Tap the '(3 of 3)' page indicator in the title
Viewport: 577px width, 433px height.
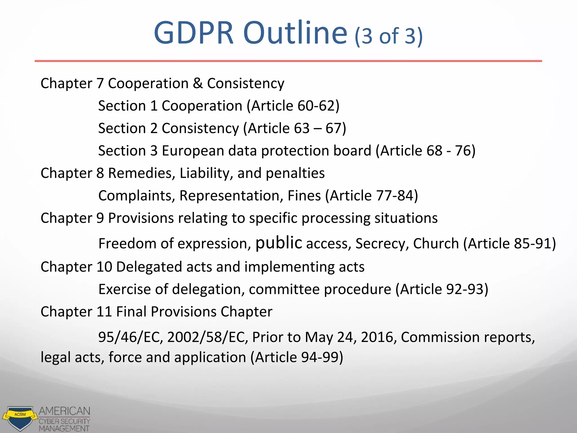389,36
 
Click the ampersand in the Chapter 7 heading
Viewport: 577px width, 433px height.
198,83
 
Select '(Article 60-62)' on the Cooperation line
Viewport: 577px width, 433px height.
293,106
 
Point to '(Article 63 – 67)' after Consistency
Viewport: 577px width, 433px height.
294,129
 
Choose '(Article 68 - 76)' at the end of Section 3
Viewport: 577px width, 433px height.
425,151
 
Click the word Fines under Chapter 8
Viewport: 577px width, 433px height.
304,196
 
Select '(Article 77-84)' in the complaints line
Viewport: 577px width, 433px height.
371,196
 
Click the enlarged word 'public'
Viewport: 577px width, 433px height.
279,243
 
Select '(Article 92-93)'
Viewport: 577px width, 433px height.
442,290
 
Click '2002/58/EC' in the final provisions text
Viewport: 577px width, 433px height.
208,337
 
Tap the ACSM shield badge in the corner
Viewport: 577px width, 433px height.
20,418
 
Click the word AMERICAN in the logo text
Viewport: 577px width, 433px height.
65,411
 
